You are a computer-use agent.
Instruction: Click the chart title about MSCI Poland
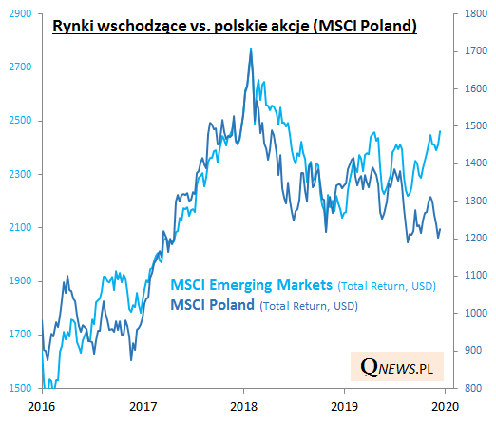coord(234,28)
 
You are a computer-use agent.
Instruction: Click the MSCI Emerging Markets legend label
coord(252,285)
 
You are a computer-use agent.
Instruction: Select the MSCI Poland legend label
coord(214,305)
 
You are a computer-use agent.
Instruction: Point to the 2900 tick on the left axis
coord(19,14)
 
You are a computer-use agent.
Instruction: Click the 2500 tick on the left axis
coord(19,121)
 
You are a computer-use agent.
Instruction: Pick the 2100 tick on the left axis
coord(19,228)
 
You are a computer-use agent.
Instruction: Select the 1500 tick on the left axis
coord(19,388)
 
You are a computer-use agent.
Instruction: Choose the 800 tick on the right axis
coord(472,388)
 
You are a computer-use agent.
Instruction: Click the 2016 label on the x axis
coord(41,405)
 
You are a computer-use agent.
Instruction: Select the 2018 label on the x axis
coord(244,405)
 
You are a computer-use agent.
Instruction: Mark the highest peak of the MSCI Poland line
coord(251,48)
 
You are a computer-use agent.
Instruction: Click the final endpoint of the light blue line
coord(441,131)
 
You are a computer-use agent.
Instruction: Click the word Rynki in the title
coord(72,28)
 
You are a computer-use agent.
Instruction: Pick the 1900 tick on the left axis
coord(19,281)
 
